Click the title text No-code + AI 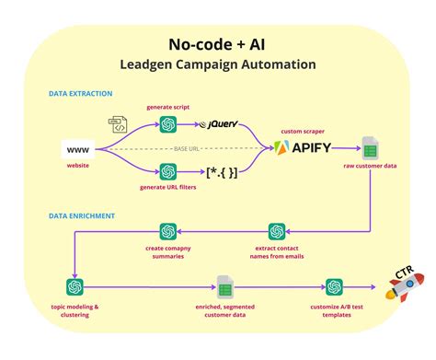(217, 43)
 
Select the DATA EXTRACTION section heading (82, 94)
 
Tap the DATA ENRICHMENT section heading (82, 215)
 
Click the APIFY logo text (303, 147)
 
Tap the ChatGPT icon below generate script (167, 124)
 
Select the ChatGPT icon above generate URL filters (167, 172)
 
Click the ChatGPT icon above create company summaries (167, 232)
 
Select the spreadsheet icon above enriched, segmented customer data (224, 286)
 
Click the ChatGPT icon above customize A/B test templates (334, 286)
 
